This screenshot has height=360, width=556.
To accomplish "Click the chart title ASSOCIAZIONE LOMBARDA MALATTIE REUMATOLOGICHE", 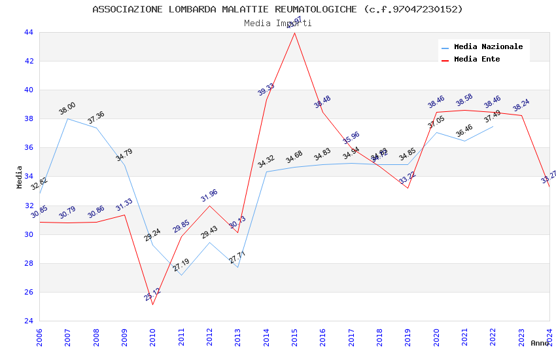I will point(277,9).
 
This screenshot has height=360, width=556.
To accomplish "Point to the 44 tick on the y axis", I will point(28,33).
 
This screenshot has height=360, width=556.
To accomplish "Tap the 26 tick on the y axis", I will point(28,293).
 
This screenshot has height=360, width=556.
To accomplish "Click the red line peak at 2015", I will point(294,33).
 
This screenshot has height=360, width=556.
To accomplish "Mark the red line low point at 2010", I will point(152,304).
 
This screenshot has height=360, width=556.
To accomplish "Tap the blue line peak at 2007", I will point(67,118).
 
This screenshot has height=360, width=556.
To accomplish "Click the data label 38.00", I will point(67,109).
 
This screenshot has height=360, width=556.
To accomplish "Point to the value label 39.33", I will point(266,90).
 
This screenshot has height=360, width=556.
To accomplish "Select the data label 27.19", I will point(181,266).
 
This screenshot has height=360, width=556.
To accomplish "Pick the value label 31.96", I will point(209,195).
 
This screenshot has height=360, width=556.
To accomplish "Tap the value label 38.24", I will point(521,105).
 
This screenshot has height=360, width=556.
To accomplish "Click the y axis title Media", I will point(20,177).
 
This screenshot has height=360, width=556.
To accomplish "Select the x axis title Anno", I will point(540,343).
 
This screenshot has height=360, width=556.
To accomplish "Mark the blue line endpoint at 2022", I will point(493,126).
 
